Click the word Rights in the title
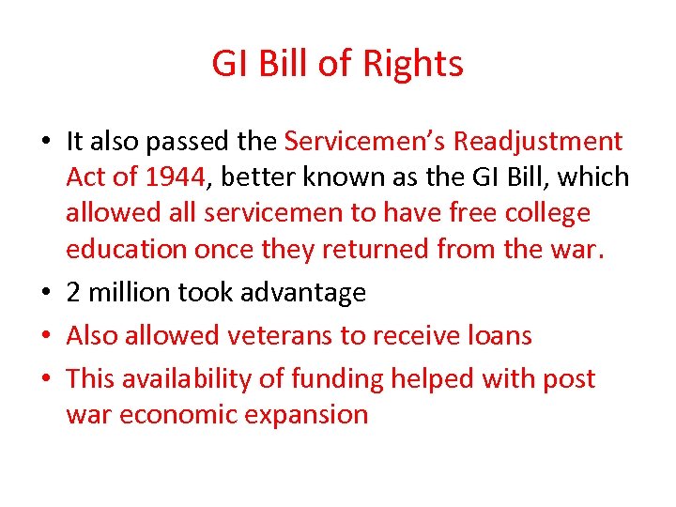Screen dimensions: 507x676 [x=416, y=65]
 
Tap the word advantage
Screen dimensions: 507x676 [x=302, y=293]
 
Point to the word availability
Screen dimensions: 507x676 [x=195, y=379]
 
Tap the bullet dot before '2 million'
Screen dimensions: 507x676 [x=45, y=294]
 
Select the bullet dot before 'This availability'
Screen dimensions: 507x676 [x=45, y=380]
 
